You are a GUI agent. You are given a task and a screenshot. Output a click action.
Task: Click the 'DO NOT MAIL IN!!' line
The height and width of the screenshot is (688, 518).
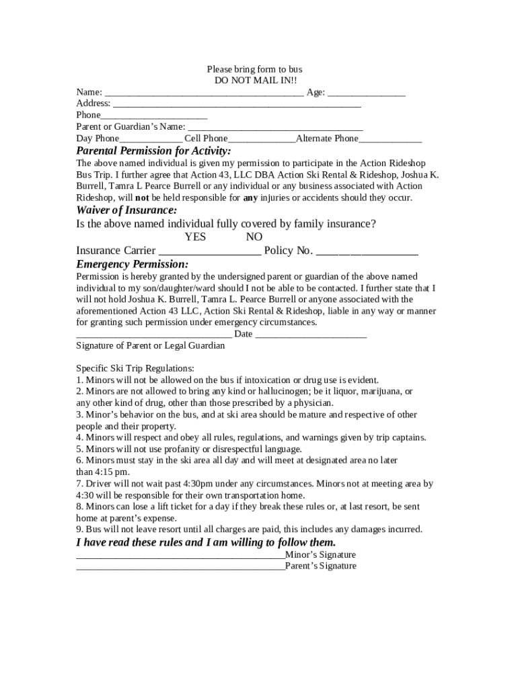click(254, 80)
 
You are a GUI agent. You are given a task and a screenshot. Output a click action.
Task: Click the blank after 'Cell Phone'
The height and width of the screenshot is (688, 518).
click(262, 139)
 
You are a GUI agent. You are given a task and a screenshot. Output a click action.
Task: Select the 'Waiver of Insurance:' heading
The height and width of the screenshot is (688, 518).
click(126, 210)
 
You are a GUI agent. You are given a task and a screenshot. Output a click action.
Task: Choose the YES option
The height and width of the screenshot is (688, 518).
click(195, 236)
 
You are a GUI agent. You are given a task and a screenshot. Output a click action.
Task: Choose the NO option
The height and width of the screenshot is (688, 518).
click(254, 236)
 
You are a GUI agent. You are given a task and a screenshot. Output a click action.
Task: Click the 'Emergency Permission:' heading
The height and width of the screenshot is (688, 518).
click(132, 263)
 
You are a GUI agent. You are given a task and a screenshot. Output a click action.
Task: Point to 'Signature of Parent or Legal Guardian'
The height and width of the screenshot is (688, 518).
click(150, 345)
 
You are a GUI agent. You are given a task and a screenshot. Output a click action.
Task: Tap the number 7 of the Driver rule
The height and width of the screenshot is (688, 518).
click(79, 483)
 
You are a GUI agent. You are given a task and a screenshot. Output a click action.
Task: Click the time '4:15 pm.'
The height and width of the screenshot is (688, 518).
click(94, 472)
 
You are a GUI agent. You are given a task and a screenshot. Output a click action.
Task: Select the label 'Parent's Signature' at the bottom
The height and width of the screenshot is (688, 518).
click(321, 566)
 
